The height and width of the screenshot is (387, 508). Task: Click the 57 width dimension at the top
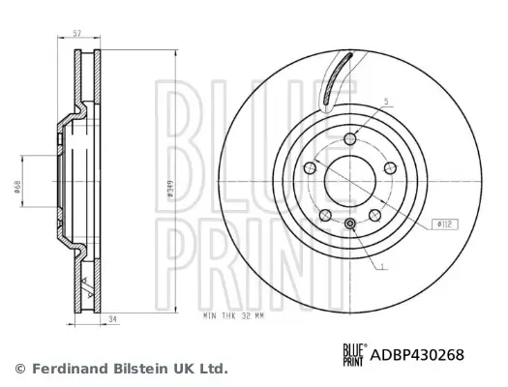[76, 33]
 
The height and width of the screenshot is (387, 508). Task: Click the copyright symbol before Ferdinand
[20, 369]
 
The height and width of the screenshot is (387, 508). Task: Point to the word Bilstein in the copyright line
[142, 369]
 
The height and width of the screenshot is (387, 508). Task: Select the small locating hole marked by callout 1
[349, 225]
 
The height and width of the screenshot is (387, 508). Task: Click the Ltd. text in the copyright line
[212, 369]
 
